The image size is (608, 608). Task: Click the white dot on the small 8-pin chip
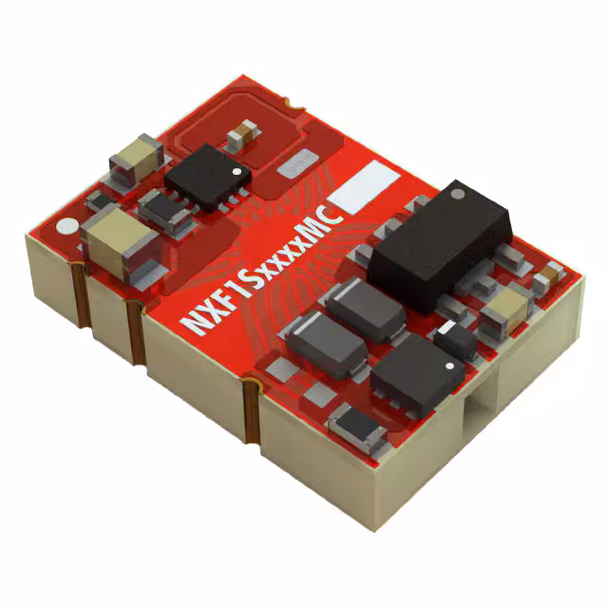(238, 169)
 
